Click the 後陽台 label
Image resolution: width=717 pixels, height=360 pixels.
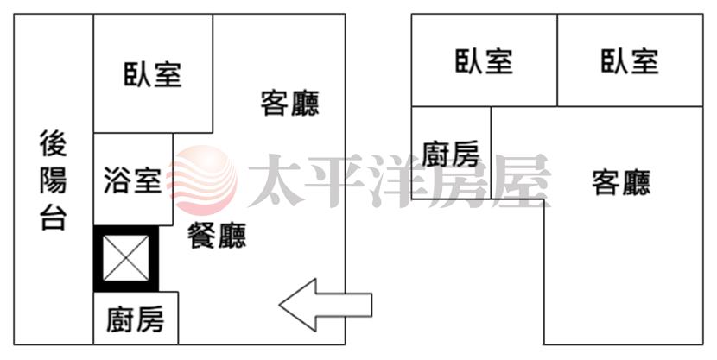(54, 180)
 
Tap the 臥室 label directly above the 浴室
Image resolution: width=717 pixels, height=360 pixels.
(153, 74)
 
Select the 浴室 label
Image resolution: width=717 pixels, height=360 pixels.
(133, 180)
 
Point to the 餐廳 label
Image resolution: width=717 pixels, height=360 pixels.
(217, 236)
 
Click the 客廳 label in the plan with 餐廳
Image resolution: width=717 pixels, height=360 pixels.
(290, 104)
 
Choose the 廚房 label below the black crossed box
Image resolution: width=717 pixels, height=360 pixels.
(136, 319)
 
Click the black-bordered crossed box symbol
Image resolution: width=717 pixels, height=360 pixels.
(126, 259)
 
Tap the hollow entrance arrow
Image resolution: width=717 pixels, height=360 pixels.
(325, 305)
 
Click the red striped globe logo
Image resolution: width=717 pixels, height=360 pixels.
(202, 180)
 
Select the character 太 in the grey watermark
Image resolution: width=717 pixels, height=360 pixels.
(276, 180)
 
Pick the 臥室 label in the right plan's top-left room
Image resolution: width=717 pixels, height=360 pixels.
(485, 61)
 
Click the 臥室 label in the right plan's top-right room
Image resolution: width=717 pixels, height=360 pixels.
(630, 61)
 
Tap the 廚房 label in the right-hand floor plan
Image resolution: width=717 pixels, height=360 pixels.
(450, 154)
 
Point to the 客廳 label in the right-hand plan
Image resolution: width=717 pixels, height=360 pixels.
(621, 182)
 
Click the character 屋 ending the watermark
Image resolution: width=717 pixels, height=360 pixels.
(522, 180)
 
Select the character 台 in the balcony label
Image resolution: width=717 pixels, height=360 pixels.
(54, 217)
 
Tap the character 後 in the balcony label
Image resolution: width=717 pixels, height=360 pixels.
(54, 143)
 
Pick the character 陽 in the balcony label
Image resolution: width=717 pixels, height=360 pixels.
(54, 180)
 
